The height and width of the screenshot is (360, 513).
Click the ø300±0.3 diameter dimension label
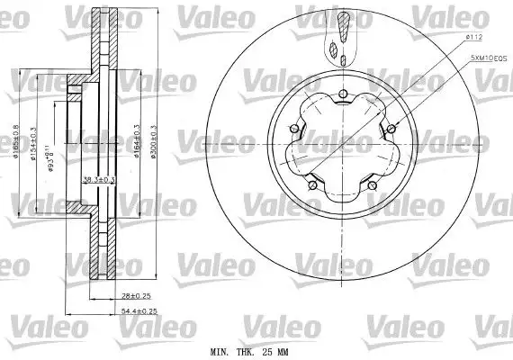point(154,140)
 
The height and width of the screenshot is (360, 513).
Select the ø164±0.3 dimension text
point(135,140)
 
